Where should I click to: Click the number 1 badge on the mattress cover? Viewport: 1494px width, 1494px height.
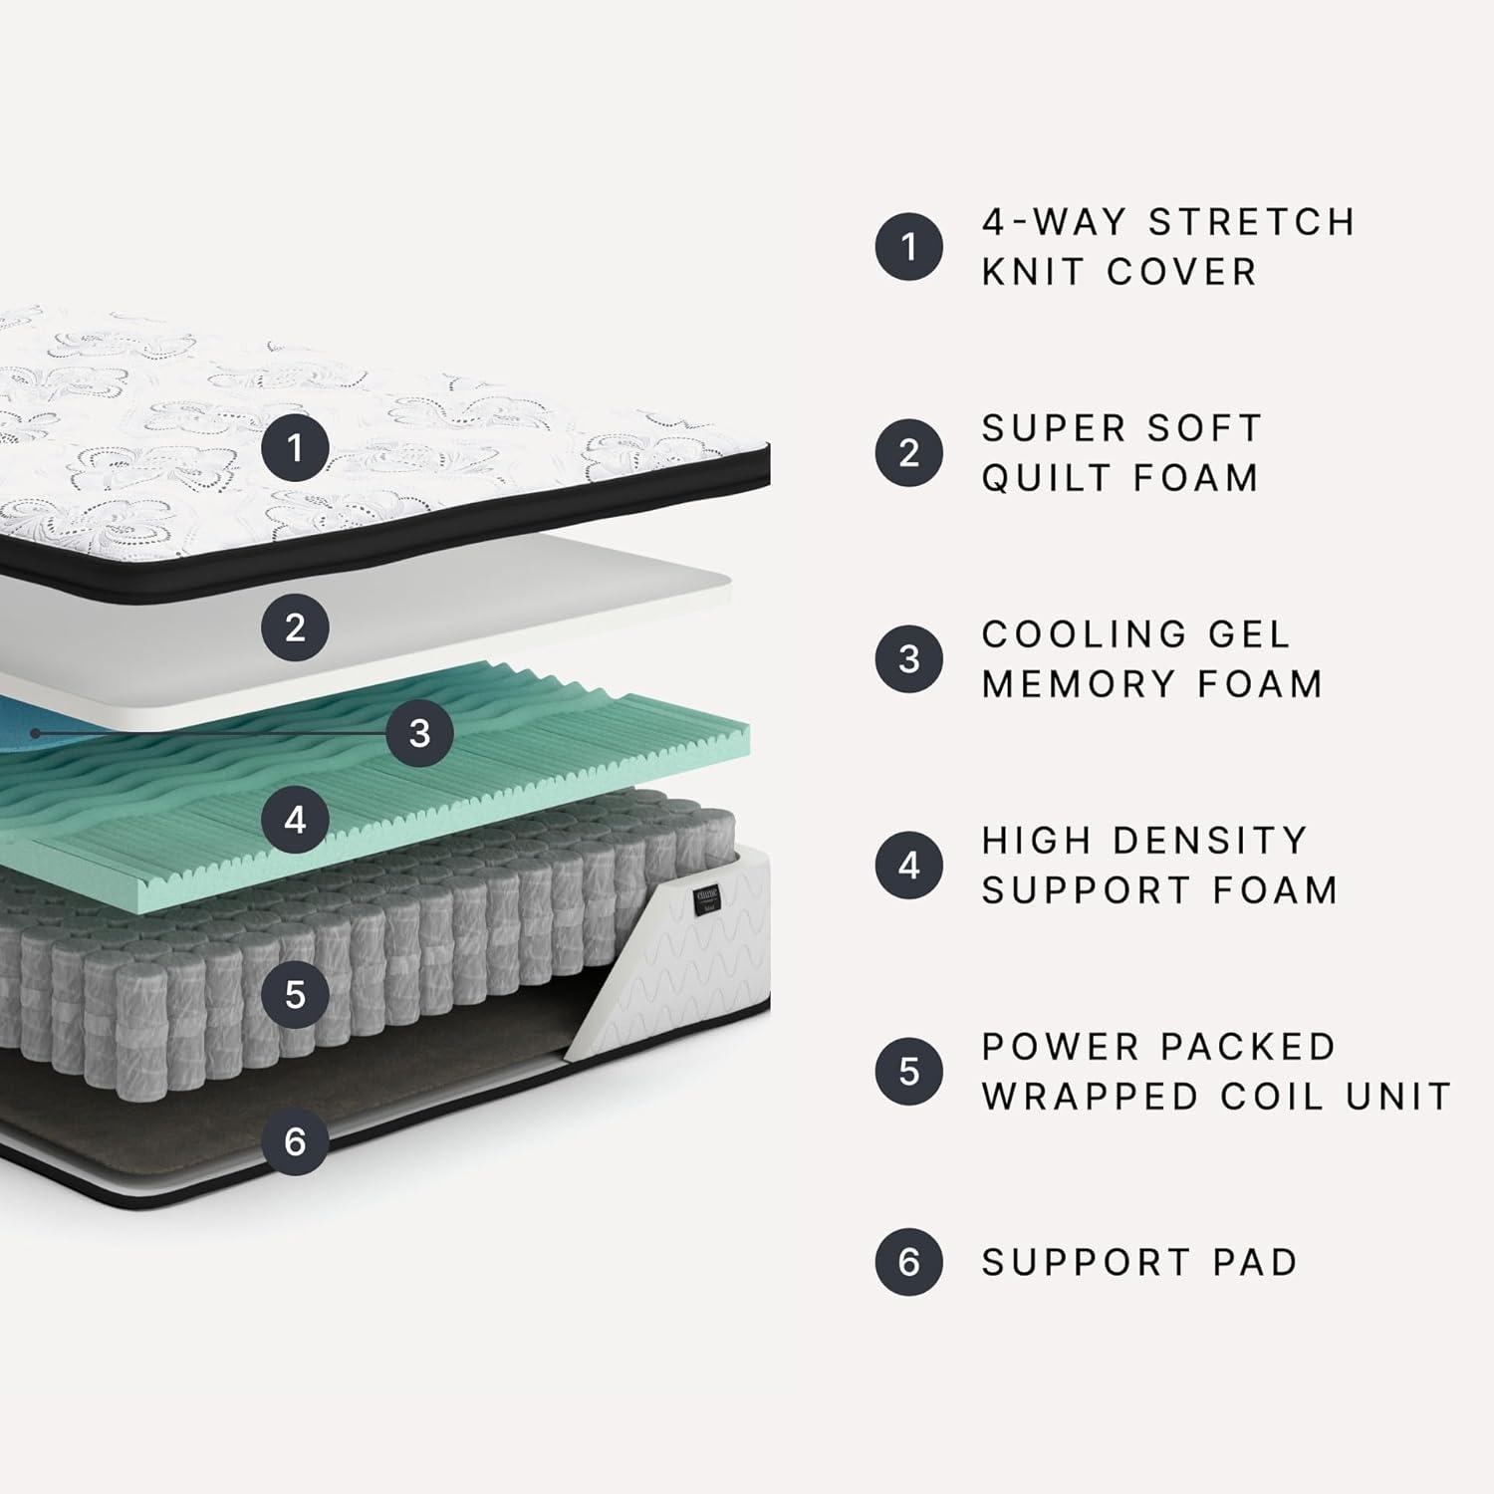pyautogui.click(x=295, y=448)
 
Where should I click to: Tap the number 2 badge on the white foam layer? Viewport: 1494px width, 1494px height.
pyautogui.click(x=295, y=627)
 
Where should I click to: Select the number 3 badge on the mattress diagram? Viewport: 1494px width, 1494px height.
pyautogui.click(x=419, y=733)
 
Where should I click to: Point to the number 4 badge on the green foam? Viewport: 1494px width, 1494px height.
pyautogui.click(x=295, y=820)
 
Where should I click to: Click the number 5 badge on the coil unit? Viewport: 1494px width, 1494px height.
pyautogui.click(x=295, y=994)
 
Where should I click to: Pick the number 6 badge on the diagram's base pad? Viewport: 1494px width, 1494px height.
pyautogui.click(x=295, y=1141)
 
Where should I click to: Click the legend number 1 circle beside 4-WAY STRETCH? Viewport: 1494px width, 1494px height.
pyautogui.click(x=908, y=246)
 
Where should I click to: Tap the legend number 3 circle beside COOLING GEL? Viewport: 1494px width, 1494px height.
pyautogui.click(x=908, y=658)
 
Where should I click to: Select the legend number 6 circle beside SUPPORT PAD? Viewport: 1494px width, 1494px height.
pyautogui.click(x=908, y=1262)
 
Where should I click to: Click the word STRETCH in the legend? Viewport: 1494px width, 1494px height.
pyautogui.click(x=1252, y=222)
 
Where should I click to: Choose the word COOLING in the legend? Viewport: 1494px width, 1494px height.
pyautogui.click(x=1070, y=633)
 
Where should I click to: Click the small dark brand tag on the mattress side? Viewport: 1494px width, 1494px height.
pyautogui.click(x=706, y=898)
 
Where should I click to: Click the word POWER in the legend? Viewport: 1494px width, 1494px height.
pyautogui.click(x=1060, y=1047)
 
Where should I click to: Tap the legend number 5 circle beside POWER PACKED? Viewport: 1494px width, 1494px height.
pyautogui.click(x=908, y=1071)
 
